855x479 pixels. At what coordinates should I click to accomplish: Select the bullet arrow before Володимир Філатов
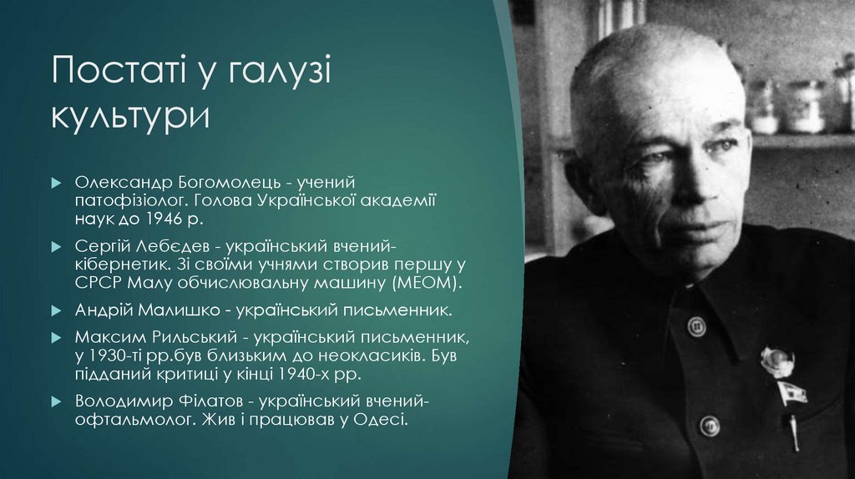[x=55, y=401]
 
